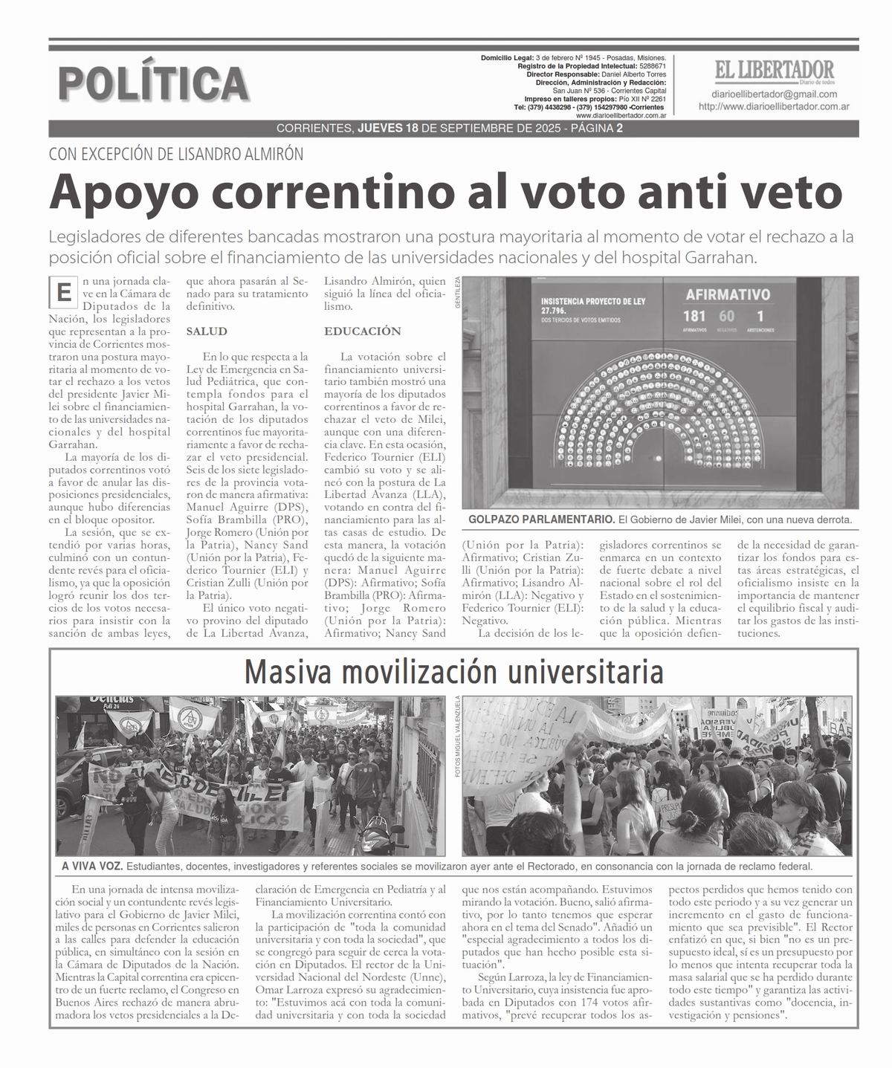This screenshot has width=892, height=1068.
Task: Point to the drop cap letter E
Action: coord(65,293)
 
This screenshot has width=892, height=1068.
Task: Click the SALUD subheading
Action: coord(206,331)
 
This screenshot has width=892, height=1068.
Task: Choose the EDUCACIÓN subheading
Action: coord(362,331)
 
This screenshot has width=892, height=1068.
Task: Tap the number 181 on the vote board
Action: coord(694,316)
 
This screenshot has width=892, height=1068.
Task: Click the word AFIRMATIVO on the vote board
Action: coord(727,294)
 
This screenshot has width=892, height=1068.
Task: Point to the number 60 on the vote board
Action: coord(726,316)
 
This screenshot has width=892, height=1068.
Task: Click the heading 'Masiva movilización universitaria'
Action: coord(453,673)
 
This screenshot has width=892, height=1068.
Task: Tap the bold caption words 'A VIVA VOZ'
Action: coord(92,867)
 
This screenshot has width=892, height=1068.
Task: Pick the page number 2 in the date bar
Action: coord(619,129)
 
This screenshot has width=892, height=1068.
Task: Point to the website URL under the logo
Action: coord(774,107)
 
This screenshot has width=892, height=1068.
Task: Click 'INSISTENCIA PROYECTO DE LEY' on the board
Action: coord(592,301)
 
